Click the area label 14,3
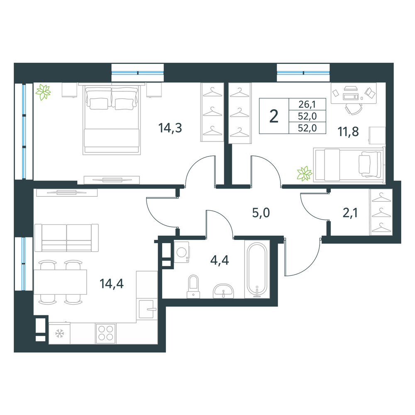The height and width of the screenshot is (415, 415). tap(170, 128)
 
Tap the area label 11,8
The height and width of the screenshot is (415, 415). tap(348, 132)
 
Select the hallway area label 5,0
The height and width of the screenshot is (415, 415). tap(261, 213)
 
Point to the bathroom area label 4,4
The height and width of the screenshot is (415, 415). tap(220, 261)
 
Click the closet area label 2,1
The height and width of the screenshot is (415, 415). tap(350, 213)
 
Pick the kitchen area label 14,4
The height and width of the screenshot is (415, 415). tap(111, 284)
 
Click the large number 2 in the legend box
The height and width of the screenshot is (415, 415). tap(273, 116)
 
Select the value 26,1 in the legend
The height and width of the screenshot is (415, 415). tap(307, 104)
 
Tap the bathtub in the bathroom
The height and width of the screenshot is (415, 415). tap(257, 269)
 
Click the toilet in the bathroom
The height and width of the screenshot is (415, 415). tap(193, 287)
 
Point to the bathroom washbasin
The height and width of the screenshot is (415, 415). tap(223, 291)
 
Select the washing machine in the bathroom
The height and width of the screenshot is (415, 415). tap(182, 252)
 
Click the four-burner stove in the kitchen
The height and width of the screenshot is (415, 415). tap(105, 334)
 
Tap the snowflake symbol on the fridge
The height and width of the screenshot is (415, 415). tap(59, 334)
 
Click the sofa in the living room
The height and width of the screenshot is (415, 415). tap(66, 238)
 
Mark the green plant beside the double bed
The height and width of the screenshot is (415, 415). tap(44, 92)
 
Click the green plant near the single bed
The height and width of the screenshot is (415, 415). tap(305, 173)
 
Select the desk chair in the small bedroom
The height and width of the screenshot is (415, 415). tap(353, 109)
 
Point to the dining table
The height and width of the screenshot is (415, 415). tap(60, 282)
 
